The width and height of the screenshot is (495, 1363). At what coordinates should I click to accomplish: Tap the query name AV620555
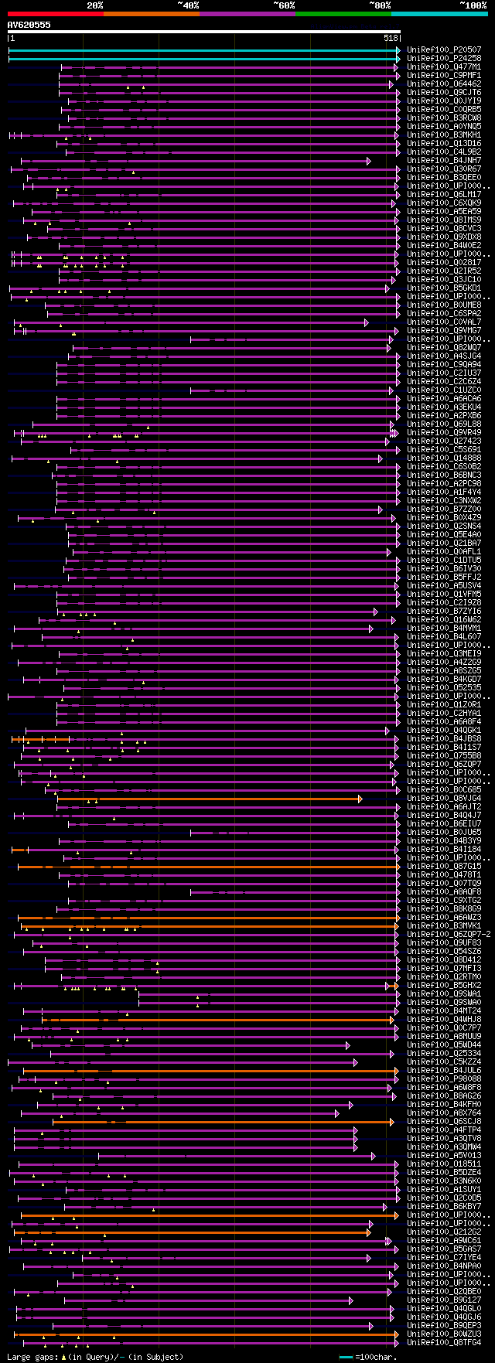click(x=29, y=25)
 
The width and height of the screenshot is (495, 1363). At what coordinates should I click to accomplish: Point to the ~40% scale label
click(x=188, y=5)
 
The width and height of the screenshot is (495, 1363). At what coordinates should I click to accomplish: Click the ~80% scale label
click(x=380, y=5)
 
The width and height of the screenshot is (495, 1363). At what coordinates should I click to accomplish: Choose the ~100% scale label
click(x=473, y=5)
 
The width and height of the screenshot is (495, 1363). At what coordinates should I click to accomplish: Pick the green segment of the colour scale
click(x=343, y=14)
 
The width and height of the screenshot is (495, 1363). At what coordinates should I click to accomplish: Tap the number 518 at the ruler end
click(x=390, y=38)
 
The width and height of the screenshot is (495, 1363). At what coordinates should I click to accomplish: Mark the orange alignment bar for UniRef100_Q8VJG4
click(x=209, y=799)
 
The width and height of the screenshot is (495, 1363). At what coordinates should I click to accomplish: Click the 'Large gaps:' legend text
click(x=32, y=1357)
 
